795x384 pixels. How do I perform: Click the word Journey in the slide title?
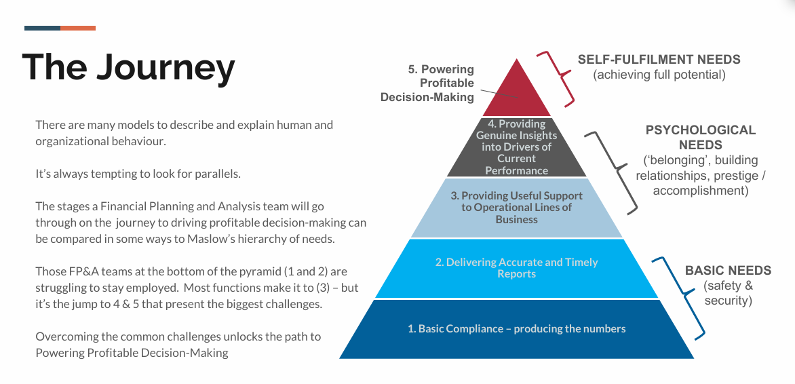point(166,67)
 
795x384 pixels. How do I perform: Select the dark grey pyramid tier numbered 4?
point(517,147)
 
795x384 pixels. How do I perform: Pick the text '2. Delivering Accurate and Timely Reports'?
point(517,268)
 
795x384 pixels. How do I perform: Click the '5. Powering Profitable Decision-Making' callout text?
point(427,83)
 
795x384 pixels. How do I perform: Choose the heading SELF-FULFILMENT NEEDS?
point(659,59)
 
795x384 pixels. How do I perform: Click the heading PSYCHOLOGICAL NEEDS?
point(700,138)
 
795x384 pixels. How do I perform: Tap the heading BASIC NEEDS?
point(728,271)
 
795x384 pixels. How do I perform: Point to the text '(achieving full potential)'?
point(659,75)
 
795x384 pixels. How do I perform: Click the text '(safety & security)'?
point(728,293)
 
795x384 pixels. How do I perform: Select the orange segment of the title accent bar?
point(77,28)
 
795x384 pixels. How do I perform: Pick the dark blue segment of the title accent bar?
point(43,28)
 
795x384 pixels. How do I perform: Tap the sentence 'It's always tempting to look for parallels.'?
point(138,174)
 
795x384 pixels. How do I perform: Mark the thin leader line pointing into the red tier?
point(498,94)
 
